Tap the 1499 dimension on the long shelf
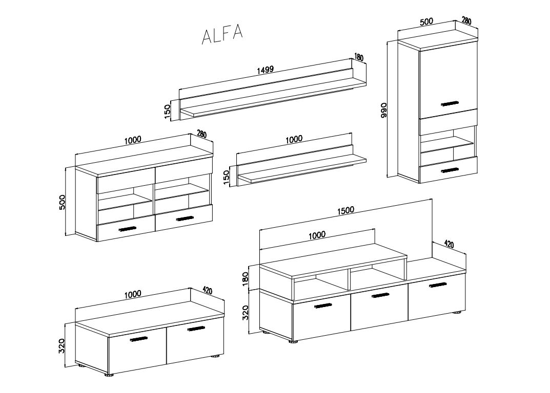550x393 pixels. click(x=265, y=70)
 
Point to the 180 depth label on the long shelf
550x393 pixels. click(x=359, y=57)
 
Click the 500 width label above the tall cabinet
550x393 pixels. click(x=426, y=21)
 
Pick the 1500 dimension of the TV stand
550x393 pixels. click(x=345, y=210)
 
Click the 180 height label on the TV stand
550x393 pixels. click(x=245, y=279)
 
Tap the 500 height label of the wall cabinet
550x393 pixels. click(x=62, y=202)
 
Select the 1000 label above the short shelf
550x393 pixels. click(x=294, y=139)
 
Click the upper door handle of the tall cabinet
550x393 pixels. click(x=450, y=104)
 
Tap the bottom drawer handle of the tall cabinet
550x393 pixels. click(x=450, y=170)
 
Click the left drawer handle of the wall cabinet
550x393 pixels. click(x=127, y=229)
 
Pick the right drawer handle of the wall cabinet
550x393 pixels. click(x=185, y=219)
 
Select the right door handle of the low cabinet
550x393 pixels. click(x=196, y=329)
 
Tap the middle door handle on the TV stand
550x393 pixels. click(x=380, y=295)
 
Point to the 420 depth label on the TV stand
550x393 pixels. click(x=449, y=244)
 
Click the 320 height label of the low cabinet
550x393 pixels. click(x=62, y=345)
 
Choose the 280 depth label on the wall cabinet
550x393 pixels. click(x=201, y=134)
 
